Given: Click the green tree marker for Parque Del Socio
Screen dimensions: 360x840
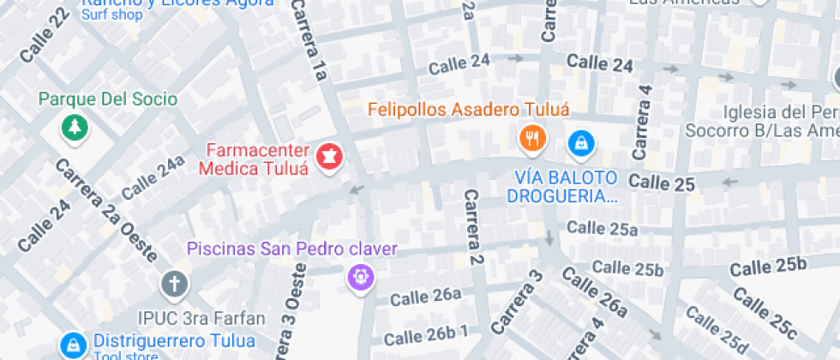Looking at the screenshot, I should click(75, 129).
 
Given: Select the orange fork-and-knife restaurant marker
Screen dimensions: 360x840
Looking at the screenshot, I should click(533, 137).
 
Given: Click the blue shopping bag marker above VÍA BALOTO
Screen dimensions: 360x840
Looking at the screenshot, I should click(582, 142).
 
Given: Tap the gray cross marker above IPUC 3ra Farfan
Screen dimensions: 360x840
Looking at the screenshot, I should click(174, 283).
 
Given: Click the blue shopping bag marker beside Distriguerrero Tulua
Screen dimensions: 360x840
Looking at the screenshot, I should click(74, 345).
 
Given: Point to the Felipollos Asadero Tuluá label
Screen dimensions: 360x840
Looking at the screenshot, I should click(469, 109).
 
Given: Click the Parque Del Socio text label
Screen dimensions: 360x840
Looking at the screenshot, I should click(108, 99).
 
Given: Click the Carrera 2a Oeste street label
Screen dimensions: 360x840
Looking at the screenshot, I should click(105, 211).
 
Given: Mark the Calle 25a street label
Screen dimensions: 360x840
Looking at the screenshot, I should click(603, 228).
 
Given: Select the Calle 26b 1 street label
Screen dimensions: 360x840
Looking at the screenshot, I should click(426, 333).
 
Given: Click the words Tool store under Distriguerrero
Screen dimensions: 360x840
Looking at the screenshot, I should click(126, 356).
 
